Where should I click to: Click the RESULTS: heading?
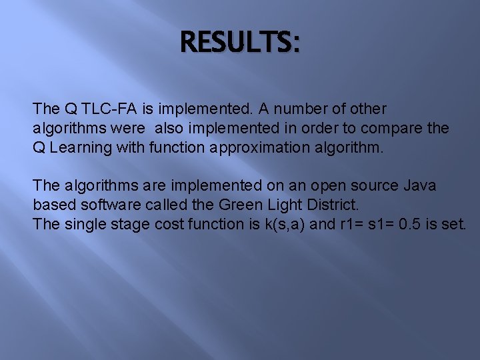pyautogui.click(x=240, y=43)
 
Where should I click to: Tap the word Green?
pyautogui.click(x=237, y=205)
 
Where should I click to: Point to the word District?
pyautogui.click(x=327, y=205)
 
